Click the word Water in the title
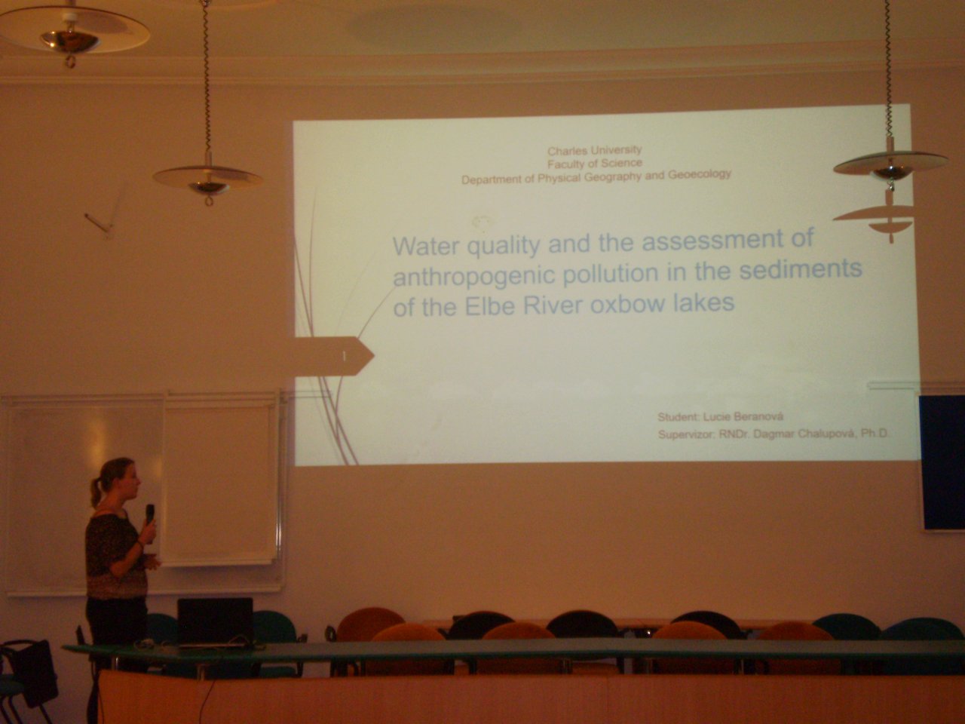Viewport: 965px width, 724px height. click(427, 246)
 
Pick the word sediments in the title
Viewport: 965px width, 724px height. click(801, 268)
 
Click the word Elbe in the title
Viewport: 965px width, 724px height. click(490, 306)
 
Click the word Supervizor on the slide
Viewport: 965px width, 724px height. click(686, 434)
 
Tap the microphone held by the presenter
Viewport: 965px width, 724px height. click(150, 514)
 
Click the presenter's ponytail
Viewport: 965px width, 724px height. click(96, 492)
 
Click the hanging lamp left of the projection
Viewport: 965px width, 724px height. click(207, 180)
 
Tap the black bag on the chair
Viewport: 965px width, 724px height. click(30, 673)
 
